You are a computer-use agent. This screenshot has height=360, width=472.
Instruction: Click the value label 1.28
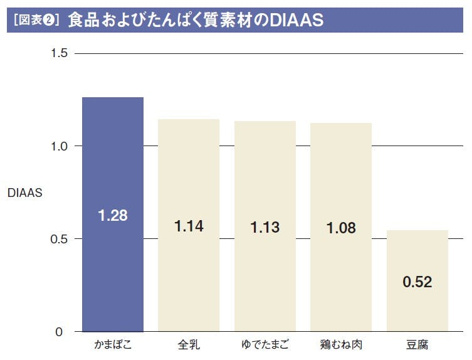coord(113,216)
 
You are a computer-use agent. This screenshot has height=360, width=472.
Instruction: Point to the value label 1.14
coord(189,226)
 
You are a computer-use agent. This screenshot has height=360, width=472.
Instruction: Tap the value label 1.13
coord(265,227)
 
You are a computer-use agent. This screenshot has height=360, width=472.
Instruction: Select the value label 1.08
coord(341,228)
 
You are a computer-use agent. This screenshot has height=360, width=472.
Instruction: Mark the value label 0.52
coord(417,282)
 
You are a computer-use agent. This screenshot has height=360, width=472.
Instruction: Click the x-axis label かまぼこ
coord(113,345)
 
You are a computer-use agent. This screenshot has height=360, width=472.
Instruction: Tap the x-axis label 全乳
coord(189,345)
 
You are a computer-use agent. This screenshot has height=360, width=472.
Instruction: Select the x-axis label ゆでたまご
coord(265,345)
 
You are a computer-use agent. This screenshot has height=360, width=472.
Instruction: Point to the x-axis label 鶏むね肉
coord(341,345)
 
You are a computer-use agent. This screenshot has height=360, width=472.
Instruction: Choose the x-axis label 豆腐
coord(417,345)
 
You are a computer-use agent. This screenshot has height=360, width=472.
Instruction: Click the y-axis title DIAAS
coord(25,193)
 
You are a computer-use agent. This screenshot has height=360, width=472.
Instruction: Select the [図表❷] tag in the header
coord(35,21)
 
